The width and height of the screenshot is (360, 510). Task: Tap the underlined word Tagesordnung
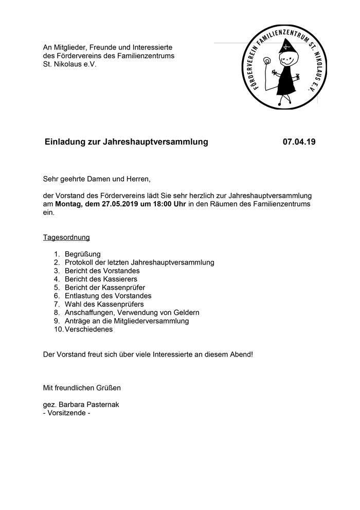66,237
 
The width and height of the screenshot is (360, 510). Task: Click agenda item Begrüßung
83,254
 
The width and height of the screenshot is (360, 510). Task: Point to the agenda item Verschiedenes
88,329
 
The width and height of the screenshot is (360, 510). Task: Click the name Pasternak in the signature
101,405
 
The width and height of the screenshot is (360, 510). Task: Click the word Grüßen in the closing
109,388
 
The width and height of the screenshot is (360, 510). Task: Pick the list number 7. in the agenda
57,304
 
